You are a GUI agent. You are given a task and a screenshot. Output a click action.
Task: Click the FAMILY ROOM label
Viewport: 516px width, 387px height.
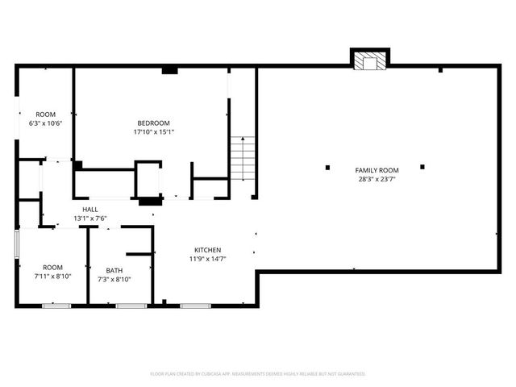(377, 170)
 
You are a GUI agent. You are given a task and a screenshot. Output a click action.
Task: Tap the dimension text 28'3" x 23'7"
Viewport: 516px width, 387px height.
(377, 180)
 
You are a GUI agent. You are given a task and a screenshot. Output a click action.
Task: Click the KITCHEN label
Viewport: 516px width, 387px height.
(207, 250)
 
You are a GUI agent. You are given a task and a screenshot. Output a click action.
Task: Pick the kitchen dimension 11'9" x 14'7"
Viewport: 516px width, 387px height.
(207, 260)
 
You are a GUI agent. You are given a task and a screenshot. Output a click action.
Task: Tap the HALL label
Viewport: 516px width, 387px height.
(90, 210)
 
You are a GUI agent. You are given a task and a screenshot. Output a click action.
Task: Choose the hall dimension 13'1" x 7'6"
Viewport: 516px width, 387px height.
(90, 218)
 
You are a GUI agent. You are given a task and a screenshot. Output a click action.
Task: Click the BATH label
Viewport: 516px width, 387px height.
(114, 271)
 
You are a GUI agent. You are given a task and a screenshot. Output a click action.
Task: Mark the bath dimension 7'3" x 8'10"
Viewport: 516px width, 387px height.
(114, 280)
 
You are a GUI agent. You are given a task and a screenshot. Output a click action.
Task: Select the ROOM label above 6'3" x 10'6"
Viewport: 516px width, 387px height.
(45, 114)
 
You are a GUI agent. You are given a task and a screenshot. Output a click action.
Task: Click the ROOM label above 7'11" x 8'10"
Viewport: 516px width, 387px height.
(52, 267)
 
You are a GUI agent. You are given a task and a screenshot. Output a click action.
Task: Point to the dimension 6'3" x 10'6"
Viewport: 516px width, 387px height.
(45, 123)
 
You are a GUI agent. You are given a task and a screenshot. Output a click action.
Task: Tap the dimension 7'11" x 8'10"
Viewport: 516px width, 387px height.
(52, 277)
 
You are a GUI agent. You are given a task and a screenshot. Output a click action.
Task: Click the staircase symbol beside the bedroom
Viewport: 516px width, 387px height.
(243, 159)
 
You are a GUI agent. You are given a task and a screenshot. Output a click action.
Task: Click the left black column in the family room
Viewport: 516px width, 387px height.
(327, 168)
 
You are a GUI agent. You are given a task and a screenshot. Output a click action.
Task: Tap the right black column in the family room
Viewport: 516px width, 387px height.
(422, 168)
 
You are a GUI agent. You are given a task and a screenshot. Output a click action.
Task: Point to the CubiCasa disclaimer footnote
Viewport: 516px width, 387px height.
(258, 374)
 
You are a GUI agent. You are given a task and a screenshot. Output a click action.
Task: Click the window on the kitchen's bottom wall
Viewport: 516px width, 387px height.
(194, 306)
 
